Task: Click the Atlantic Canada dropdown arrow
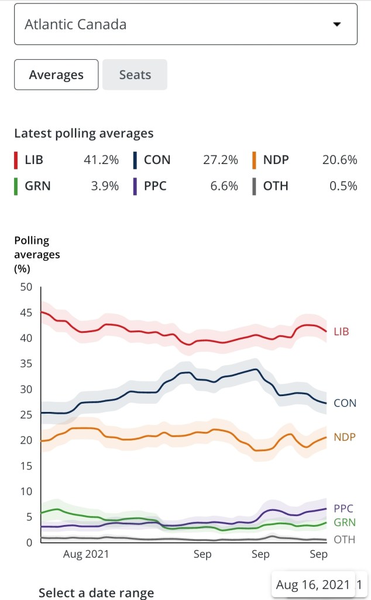(x=336, y=25)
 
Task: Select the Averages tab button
(x=56, y=75)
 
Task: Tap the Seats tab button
(x=135, y=75)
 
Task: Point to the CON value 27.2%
(x=223, y=160)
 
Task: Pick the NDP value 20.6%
(x=339, y=160)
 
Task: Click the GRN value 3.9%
(x=106, y=186)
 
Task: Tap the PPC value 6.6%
(x=225, y=186)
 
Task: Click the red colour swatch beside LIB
(x=16, y=160)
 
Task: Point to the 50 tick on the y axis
(x=26, y=287)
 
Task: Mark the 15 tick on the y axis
(x=26, y=466)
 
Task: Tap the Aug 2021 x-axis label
(x=86, y=554)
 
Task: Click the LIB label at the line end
(x=341, y=332)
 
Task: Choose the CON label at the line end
(x=345, y=403)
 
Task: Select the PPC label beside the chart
(x=343, y=509)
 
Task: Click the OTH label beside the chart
(x=344, y=540)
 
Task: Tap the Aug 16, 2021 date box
(x=313, y=585)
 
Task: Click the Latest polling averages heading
(x=84, y=134)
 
